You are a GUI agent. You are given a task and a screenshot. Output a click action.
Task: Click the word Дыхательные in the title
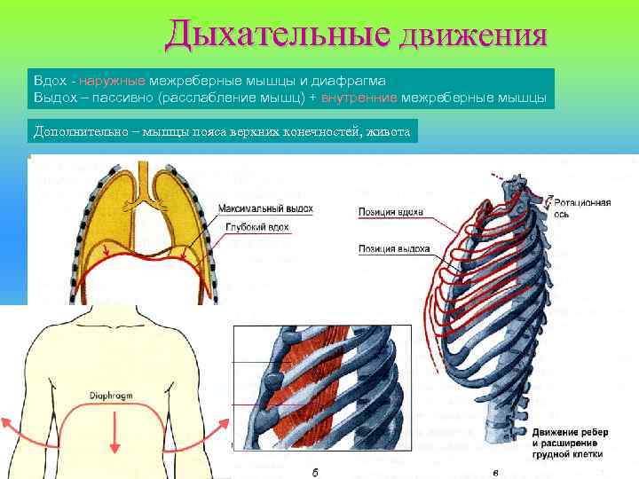click(276, 35)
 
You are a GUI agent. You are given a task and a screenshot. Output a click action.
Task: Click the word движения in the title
click(472, 36)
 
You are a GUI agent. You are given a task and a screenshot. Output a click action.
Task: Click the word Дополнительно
click(75, 131)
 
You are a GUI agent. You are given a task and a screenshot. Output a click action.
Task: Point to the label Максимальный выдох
click(265, 208)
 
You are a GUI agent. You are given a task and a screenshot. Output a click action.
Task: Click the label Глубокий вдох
click(255, 228)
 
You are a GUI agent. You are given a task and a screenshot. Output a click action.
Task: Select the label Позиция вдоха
click(390, 213)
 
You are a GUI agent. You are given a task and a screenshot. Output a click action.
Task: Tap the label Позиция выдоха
click(394, 248)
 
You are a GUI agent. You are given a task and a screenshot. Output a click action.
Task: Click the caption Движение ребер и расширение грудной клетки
click(567, 441)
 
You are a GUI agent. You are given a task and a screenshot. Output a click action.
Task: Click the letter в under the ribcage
click(494, 471)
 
